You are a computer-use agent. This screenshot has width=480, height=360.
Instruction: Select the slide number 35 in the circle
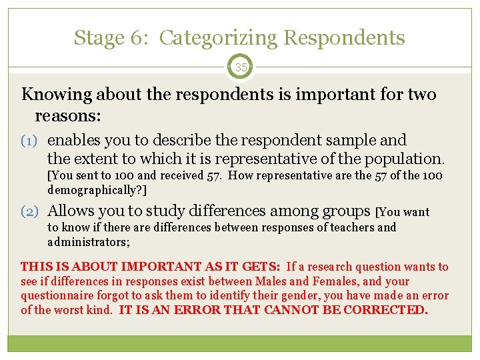(240, 67)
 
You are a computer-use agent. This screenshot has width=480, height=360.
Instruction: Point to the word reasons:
(68, 116)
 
